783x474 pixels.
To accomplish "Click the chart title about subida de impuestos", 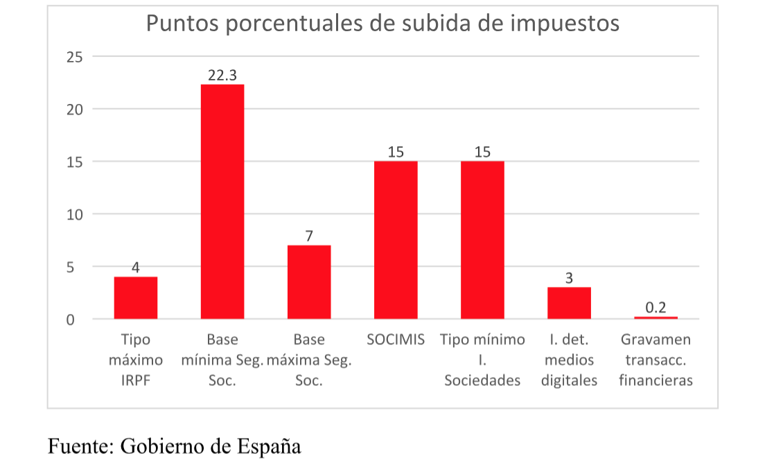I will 382,23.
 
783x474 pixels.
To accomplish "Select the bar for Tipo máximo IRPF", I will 136,298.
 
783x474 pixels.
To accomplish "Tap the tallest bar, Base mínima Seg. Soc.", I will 222,201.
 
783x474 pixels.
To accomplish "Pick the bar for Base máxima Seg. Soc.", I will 309,282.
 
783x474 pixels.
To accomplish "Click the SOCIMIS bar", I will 396,240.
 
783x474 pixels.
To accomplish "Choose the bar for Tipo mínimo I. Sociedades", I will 482,240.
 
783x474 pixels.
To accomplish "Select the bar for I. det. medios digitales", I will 569,303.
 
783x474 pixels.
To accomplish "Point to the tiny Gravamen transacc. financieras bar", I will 656,317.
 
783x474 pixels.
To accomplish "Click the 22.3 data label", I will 222,75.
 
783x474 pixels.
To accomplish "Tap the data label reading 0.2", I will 656,307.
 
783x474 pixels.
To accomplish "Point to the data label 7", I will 309,236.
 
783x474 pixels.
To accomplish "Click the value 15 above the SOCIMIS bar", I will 396,152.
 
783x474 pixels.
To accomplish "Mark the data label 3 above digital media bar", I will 569,278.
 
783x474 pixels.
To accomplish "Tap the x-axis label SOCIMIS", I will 396,340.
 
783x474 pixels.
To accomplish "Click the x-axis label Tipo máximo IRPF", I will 136,360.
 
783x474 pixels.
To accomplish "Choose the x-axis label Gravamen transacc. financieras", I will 656,360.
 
